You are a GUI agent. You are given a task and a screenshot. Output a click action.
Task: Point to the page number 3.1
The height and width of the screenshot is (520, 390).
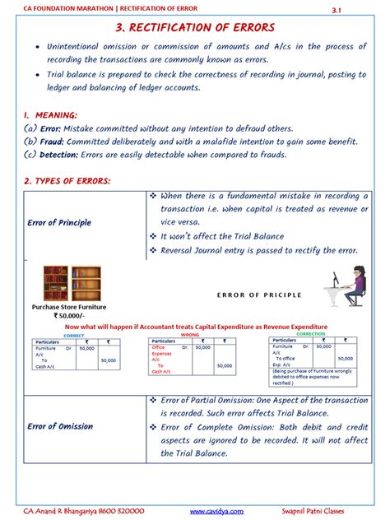(359, 10)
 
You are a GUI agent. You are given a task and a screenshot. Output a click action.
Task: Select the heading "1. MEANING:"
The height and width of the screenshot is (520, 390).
(51, 115)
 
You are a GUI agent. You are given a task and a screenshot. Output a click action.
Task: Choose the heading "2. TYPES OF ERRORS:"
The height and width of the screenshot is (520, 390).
(67, 180)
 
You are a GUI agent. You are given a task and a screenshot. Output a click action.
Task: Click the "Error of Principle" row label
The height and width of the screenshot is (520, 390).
(59, 223)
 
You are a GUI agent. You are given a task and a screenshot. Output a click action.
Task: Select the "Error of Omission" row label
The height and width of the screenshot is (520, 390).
(60, 426)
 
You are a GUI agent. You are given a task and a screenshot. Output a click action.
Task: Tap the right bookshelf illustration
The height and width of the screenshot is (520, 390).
(86, 283)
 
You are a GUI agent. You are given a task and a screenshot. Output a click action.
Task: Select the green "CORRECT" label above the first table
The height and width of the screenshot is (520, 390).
(73, 336)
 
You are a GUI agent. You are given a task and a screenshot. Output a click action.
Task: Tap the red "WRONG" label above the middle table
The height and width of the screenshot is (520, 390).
(190, 336)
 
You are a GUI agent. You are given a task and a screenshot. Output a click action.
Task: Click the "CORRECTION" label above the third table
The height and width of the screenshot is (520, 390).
(310, 335)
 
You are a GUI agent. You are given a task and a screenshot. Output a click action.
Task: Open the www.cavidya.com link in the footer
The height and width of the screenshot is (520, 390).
(216, 510)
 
